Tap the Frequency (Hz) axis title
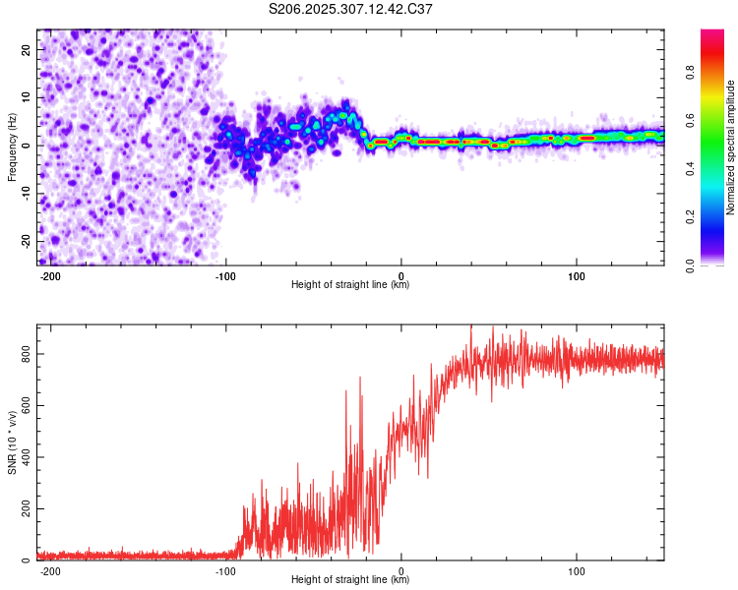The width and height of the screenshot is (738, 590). pyautogui.click(x=12, y=147)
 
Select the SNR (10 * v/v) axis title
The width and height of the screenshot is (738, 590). pyautogui.click(x=12, y=442)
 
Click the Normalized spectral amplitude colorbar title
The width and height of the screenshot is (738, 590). pyautogui.click(x=731, y=147)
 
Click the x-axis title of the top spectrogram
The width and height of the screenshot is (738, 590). pyautogui.click(x=351, y=285)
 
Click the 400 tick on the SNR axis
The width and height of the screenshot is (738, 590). pyautogui.click(x=26, y=457)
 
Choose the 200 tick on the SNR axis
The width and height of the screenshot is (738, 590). pyautogui.click(x=26, y=509)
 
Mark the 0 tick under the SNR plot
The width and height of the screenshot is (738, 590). pyautogui.click(x=401, y=571)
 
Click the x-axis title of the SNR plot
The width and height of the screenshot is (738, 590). pyautogui.click(x=351, y=580)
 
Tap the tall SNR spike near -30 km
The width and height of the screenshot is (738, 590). pyautogui.click(x=346, y=392)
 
